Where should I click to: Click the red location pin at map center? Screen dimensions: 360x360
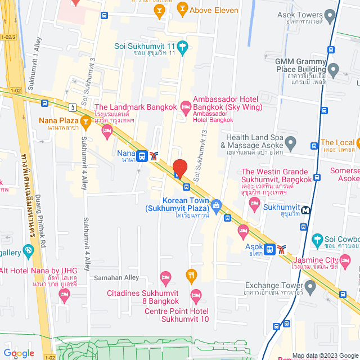[x=179, y=168]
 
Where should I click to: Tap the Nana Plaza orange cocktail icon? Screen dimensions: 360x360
[x=85, y=121]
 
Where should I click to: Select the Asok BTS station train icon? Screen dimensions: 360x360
[x=270, y=248]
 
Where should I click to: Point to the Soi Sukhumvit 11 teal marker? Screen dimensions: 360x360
[x=182, y=46]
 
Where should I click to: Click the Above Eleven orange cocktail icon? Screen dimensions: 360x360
[x=182, y=8]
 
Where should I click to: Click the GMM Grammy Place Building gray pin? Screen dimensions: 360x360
[x=334, y=71]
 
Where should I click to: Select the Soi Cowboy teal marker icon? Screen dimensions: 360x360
[x=318, y=240]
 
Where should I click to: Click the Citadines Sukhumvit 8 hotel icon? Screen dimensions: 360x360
[x=166, y=277]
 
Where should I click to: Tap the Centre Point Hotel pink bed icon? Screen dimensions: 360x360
[x=196, y=295]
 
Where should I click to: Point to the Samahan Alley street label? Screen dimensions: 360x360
[x=115, y=278]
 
